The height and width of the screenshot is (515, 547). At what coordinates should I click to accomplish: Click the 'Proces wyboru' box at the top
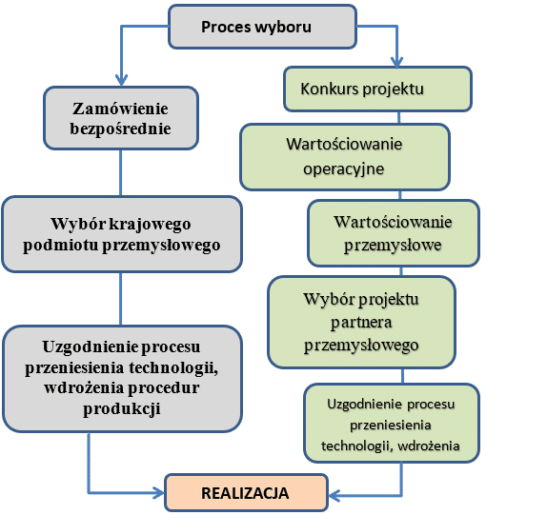click(262, 27)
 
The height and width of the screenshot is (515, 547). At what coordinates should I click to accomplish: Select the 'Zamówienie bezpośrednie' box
click(121, 118)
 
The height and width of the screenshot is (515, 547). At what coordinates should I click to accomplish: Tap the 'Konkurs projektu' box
click(377, 89)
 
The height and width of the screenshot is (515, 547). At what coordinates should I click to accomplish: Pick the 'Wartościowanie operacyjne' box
click(345, 157)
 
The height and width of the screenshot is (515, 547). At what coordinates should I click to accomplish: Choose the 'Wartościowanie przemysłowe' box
click(394, 233)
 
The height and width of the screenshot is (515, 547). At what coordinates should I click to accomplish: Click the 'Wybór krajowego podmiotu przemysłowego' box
click(122, 234)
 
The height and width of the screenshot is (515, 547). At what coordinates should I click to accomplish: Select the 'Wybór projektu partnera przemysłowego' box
click(362, 322)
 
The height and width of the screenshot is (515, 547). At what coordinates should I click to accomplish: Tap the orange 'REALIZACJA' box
click(246, 493)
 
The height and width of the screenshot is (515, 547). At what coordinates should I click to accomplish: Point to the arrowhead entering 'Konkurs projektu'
click(396, 62)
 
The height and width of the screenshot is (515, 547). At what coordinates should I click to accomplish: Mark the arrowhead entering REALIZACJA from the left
click(159, 493)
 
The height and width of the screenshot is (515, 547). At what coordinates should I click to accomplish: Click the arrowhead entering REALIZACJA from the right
click(334, 495)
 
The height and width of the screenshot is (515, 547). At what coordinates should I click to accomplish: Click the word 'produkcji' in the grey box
click(122, 408)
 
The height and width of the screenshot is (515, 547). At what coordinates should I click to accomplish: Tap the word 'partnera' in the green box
click(361, 323)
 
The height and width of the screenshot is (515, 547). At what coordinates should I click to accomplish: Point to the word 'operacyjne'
click(344, 169)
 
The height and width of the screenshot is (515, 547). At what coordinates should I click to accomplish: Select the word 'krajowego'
click(150, 224)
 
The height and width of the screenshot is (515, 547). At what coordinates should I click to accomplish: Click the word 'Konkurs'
click(330, 89)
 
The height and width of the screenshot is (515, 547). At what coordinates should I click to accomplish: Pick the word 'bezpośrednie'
click(120, 129)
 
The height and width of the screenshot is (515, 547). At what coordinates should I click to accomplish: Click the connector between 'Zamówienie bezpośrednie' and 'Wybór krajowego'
click(121, 173)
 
